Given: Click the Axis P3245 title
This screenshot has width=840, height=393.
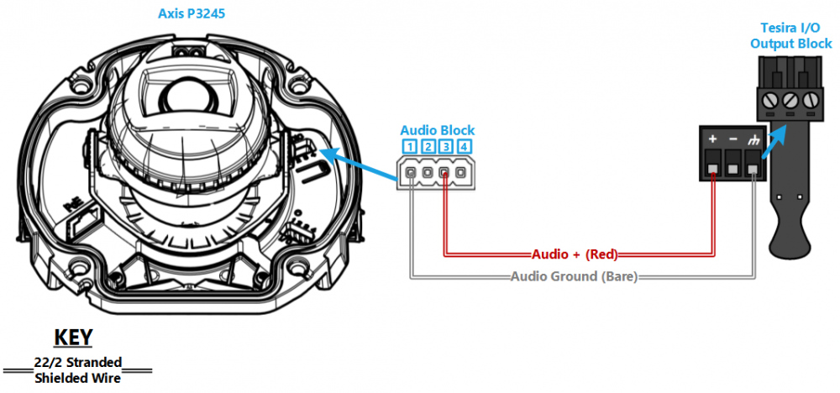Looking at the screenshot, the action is point(192,13).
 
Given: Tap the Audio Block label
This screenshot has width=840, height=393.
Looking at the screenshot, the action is point(437,130).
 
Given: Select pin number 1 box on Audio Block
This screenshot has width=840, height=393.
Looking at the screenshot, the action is point(410,147).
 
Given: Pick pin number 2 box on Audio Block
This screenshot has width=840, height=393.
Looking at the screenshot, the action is point(428,147).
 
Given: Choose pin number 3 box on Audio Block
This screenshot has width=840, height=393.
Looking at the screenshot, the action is point(445,147).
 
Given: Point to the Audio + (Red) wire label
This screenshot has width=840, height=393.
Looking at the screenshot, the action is point(575,254).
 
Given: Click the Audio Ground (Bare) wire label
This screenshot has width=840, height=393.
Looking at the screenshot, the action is point(574,277).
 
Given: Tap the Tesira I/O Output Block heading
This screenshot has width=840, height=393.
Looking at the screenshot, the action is point(790,36).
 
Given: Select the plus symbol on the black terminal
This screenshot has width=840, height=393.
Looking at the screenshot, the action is point(712,139).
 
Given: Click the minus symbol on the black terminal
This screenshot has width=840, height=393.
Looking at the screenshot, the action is point(732,139).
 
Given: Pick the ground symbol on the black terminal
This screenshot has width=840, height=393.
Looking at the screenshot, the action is point(753,139).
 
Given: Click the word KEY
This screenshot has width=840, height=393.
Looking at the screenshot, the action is point(74,338).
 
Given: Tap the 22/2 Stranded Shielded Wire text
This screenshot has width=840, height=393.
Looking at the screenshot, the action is point(77,370).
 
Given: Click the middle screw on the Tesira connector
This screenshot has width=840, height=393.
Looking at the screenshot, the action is point(790,100).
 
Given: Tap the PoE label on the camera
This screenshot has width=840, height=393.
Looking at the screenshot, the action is point(71,206).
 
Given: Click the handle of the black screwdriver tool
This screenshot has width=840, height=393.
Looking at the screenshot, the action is point(790,236).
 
